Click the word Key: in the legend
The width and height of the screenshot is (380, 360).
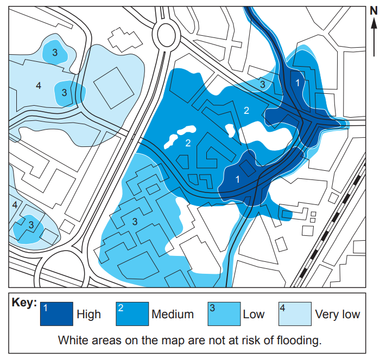[x=24, y=303]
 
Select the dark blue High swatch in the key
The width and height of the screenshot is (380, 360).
[x=56, y=314]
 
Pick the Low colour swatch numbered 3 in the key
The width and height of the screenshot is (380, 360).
[x=224, y=314]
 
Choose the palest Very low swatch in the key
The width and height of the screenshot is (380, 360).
[x=295, y=314]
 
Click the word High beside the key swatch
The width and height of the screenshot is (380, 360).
[x=88, y=314]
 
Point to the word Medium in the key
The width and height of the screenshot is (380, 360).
[x=173, y=314]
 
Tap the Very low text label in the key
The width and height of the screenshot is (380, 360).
[x=337, y=314]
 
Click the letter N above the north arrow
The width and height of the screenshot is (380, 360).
[x=373, y=10]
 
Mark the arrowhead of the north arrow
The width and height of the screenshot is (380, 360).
[x=373, y=23]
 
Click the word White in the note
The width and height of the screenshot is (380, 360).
[x=71, y=341]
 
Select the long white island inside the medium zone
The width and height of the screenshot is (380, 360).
[x=179, y=136]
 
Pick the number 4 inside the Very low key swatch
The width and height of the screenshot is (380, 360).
[x=282, y=307]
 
